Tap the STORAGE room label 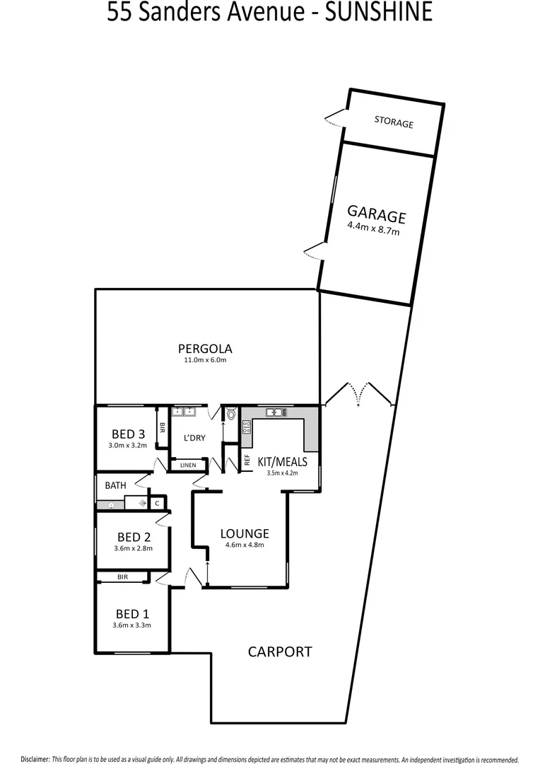click(x=394, y=122)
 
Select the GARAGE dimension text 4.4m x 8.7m click(x=373, y=228)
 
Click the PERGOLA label click(x=205, y=348)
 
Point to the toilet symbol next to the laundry click(x=231, y=415)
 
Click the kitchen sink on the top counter click(x=273, y=412)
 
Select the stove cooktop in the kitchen click(x=247, y=426)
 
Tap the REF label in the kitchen click(x=247, y=459)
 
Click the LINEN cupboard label click(x=188, y=465)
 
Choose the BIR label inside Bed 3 click(x=162, y=427)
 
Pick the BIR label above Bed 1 click(x=122, y=577)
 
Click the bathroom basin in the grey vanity click(x=111, y=505)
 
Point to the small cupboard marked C click(x=158, y=503)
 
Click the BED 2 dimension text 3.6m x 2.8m click(x=134, y=548)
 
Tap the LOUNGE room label click(x=245, y=533)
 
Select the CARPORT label click(x=279, y=652)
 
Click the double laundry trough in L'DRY click(x=185, y=412)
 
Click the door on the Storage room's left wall click(x=332, y=117)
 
